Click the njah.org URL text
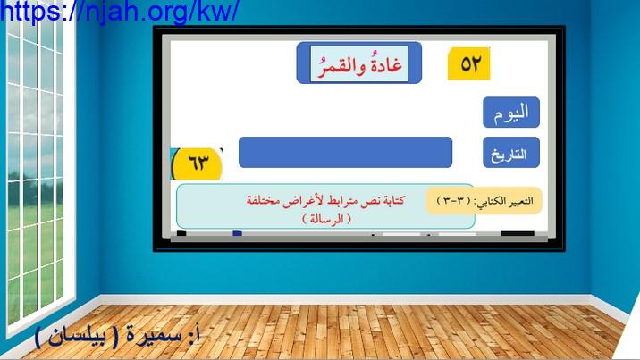[119, 11]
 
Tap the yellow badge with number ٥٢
[468, 63]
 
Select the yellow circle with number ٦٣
[198, 163]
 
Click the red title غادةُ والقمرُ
[359, 64]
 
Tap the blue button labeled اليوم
[511, 113]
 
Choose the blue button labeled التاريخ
[511, 153]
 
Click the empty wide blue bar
[345, 152]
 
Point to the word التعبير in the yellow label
[518, 201]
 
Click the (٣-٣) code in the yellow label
[454, 201]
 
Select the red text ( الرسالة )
[326, 219]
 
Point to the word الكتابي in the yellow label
[488, 201]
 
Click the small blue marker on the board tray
[237, 233]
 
